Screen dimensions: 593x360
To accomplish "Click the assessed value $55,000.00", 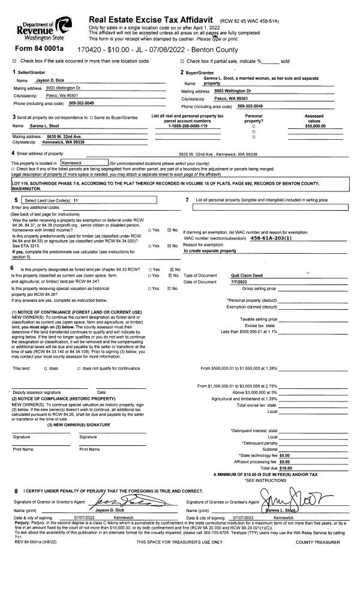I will point(314,126).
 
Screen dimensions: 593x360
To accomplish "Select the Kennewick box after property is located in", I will point(83,162).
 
